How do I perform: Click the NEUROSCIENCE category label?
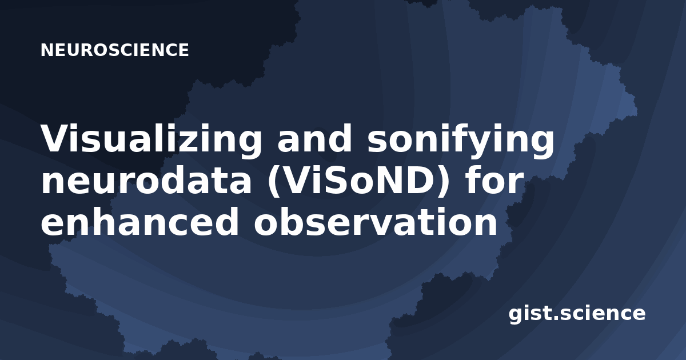pos(114,50)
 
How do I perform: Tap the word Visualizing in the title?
pos(151,138)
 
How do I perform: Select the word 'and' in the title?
pos(314,138)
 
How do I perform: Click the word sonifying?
pos(461,138)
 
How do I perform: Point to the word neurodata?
pos(146,180)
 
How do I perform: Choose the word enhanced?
pos(139,221)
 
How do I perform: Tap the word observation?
pos(376,221)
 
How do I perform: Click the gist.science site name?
pos(577,314)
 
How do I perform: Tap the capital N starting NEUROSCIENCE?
pos(47,50)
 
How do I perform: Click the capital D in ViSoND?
pos(418,180)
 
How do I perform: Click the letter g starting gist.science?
pos(516,315)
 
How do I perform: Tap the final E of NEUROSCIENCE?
pos(183,50)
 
